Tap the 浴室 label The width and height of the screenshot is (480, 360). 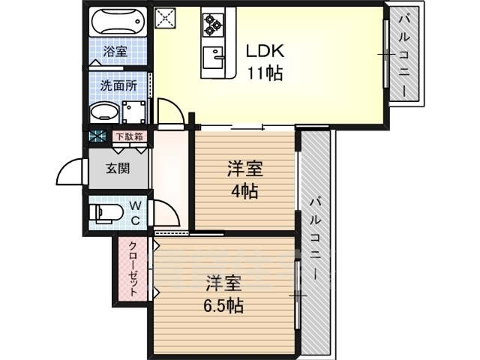115,52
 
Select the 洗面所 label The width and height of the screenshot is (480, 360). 118,85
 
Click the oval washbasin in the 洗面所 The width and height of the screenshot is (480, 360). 103,113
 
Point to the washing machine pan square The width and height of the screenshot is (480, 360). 135,113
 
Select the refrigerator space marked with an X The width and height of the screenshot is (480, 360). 165,18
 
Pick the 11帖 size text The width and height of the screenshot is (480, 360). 264,73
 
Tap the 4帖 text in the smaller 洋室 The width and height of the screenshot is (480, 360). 243,190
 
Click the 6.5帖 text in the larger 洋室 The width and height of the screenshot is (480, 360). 223,305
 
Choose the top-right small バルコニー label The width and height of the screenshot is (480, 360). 406,54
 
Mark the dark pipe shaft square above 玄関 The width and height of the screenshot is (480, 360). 97,136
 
